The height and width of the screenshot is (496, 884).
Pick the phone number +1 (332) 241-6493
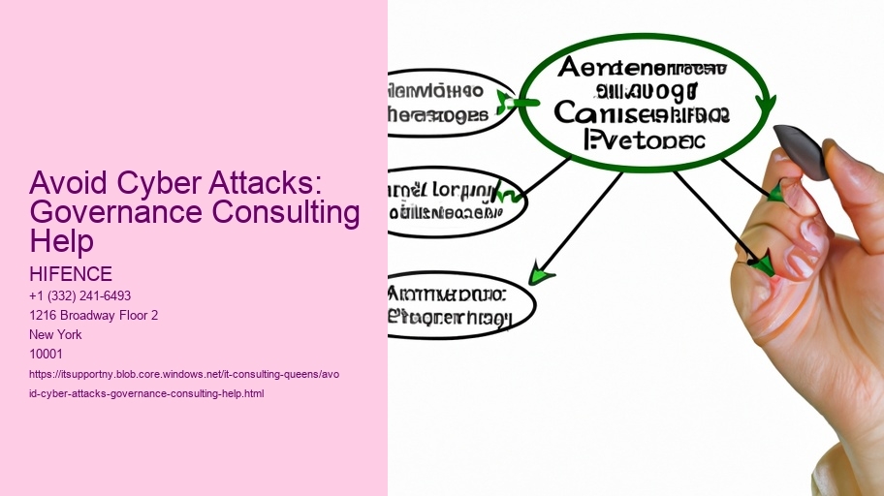tap(80, 295)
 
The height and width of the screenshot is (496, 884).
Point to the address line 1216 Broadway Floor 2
tap(94, 315)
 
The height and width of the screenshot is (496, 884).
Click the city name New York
tap(56, 334)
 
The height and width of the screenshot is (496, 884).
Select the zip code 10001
tap(47, 354)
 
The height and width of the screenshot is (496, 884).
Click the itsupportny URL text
tap(184, 374)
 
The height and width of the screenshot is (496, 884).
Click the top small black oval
tap(446, 103)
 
